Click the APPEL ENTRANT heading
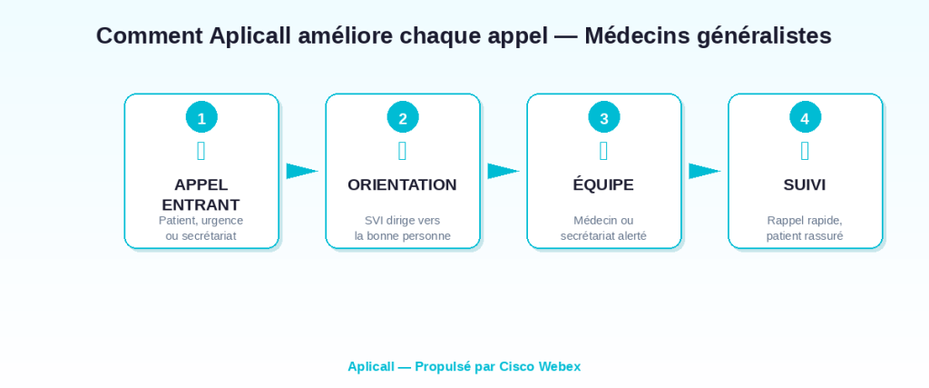pyautogui.click(x=200, y=194)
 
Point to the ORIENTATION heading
pyautogui.click(x=402, y=185)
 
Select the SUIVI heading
pyautogui.click(x=805, y=185)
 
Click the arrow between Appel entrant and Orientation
pyautogui.click(x=302, y=171)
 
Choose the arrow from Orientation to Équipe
pyautogui.click(x=504, y=171)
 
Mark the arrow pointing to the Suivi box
pyautogui.click(x=704, y=171)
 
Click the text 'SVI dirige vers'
pyautogui.click(x=402, y=221)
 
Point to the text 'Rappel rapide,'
pyautogui.click(x=805, y=221)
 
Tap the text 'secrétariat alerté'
pyautogui.click(x=603, y=236)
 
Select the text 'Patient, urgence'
pyautogui.click(x=200, y=221)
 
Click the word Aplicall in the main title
pyautogui.click(x=250, y=36)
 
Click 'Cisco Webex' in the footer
pyautogui.click(x=540, y=366)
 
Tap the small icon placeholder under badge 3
pyautogui.click(x=603, y=151)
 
